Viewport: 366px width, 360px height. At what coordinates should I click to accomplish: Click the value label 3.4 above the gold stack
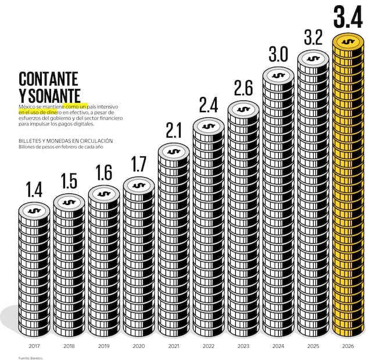coord(348,18)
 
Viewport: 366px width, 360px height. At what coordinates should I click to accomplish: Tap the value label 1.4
coord(34,189)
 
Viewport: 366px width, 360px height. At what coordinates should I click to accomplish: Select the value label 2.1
coord(174,130)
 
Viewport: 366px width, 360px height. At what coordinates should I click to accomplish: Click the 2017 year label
coord(34,346)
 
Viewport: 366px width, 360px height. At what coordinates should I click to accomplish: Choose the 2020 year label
coord(139,346)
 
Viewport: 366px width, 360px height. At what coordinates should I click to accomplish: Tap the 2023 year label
coord(243,346)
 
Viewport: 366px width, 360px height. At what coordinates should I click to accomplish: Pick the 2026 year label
coord(348,346)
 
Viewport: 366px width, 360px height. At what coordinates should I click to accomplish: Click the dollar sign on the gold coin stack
coord(348,42)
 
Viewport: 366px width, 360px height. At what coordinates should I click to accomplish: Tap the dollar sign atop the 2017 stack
coord(34,210)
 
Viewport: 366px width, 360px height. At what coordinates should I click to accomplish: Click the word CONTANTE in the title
coord(48,79)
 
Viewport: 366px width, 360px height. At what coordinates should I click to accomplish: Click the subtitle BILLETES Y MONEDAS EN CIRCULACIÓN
coord(65,141)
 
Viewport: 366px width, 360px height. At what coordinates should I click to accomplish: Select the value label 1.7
coord(139,164)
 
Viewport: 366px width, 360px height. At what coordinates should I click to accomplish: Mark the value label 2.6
coord(243,88)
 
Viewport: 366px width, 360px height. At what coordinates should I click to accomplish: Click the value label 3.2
coord(313,38)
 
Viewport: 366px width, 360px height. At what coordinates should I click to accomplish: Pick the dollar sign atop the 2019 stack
coord(104,193)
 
